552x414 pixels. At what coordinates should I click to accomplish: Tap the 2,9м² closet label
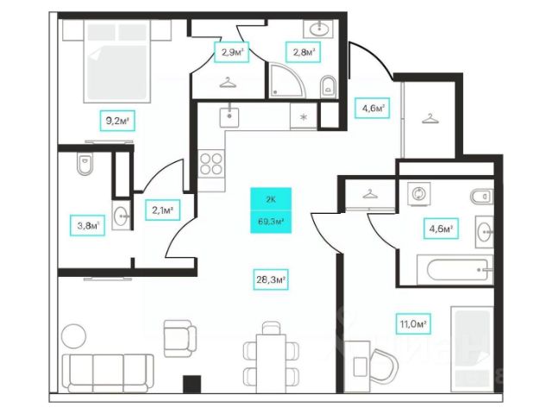click(x=231, y=53)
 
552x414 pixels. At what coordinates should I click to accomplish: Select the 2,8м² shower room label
click(x=301, y=53)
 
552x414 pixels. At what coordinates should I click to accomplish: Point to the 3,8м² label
click(x=86, y=228)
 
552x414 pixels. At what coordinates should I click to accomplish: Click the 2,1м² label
click(x=164, y=209)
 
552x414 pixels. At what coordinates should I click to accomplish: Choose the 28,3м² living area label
click(x=271, y=279)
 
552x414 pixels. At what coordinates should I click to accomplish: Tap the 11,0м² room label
click(x=415, y=324)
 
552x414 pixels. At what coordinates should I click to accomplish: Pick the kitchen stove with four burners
click(x=211, y=163)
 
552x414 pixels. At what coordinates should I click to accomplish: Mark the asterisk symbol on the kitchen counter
click(x=304, y=116)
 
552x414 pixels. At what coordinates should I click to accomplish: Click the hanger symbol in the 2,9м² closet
click(x=228, y=83)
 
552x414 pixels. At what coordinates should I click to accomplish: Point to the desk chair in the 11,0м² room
click(x=384, y=362)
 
